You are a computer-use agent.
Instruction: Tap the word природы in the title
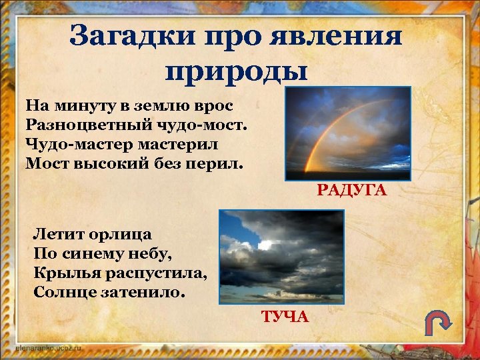coord(236,70)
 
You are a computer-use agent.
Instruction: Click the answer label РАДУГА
coord(351,191)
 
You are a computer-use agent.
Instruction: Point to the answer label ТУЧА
coord(285,315)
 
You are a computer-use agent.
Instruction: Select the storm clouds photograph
coord(282,257)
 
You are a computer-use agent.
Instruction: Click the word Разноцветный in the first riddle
coord(73,125)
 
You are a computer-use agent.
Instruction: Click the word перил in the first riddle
coord(221,162)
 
